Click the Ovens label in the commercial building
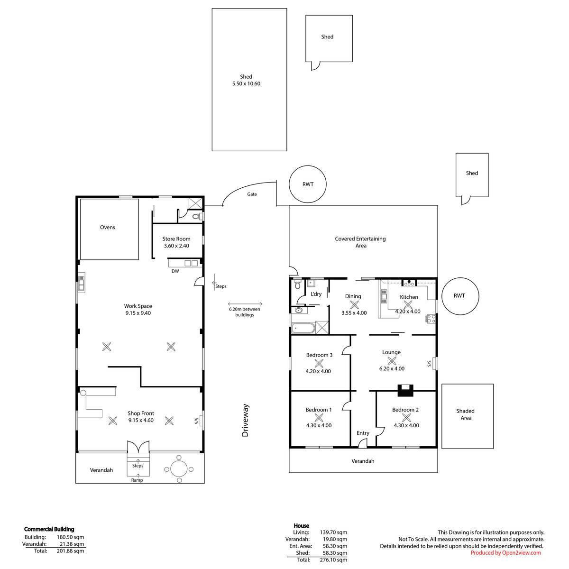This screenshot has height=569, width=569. point(108,228)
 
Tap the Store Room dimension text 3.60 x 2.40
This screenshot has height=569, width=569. point(176,246)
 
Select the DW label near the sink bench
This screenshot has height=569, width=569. point(175,271)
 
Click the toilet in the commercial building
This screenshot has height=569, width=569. point(196,216)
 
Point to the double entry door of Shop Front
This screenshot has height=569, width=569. point(138,446)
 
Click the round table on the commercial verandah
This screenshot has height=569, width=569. point(179,469)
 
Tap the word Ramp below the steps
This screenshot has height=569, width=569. point(137,480)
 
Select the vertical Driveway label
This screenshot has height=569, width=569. point(245,420)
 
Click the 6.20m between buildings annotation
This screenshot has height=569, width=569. point(245,312)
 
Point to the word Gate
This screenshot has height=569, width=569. point(252,194)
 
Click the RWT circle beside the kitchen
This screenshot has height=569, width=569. point(460,295)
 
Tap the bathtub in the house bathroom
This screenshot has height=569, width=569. point(303,328)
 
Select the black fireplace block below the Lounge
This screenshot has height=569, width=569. point(405,390)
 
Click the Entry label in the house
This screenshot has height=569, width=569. point(363,433)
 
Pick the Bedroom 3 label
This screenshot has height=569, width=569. point(319,355)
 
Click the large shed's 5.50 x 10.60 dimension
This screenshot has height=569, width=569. point(246,83)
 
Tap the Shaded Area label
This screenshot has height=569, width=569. point(466,414)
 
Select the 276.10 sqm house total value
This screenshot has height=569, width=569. point(333,560)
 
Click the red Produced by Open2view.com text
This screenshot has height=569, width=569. point(506,553)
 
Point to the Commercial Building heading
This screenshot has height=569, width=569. point(49,529)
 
